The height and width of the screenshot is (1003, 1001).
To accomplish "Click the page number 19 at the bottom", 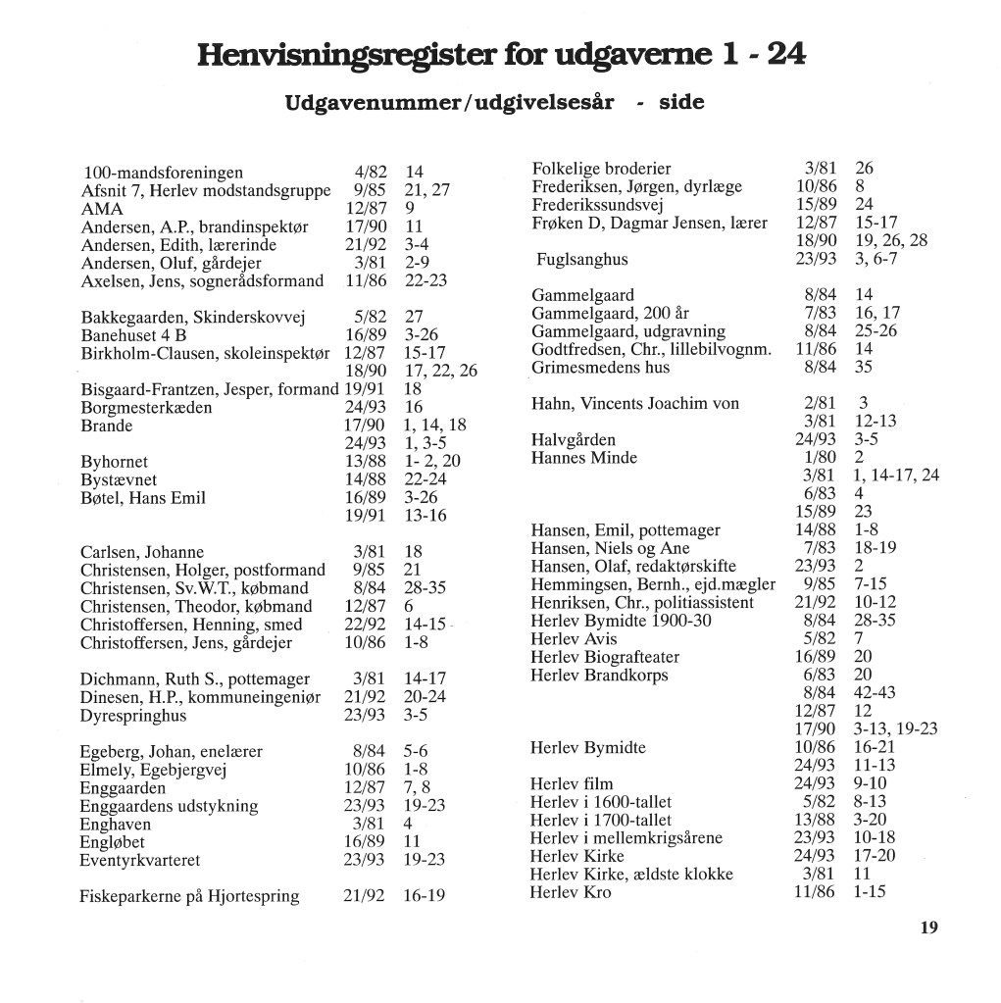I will pos(929,928).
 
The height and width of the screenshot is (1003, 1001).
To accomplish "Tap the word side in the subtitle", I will pos(681,103).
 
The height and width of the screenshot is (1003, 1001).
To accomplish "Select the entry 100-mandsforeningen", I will pos(163,173).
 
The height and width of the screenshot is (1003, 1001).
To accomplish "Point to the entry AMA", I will pos(102,209).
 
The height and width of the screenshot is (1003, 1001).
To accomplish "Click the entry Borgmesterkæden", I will pos(146,407).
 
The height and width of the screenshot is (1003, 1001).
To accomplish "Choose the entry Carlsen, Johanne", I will pos(142,552).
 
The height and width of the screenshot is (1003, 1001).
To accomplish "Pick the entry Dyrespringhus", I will pos(133,715).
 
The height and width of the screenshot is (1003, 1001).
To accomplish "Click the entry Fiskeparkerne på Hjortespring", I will pos(189,896).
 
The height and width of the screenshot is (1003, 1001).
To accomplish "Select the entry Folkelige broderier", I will pos(601,168).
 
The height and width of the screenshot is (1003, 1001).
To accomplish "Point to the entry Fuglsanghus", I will pos(581,259).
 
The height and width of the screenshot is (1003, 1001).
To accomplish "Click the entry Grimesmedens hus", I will pos(600,367).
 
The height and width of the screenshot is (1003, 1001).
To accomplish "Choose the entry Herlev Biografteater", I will pos(605,657).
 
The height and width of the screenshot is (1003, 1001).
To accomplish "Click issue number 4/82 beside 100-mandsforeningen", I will pos(370,173).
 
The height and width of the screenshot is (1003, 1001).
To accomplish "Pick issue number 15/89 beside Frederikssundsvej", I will pos(815,204).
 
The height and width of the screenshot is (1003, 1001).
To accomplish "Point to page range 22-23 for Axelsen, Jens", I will pos(425,281).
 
